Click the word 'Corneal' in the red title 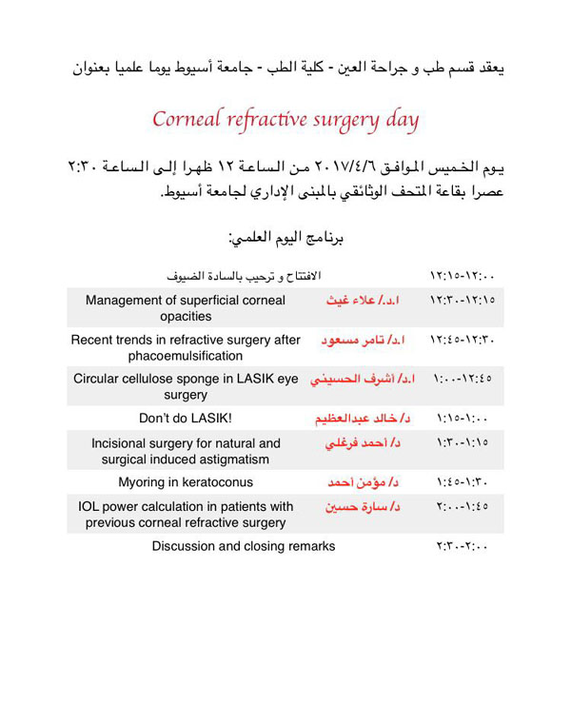[187, 121]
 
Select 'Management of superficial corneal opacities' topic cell [186, 308]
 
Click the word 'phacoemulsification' [186, 356]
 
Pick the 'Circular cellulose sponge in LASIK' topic [186, 386]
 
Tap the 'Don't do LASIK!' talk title [186, 418]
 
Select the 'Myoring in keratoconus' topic [186, 482]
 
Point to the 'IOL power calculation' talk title [186, 514]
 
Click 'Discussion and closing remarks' [244, 546]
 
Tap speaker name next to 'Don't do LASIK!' [363, 419]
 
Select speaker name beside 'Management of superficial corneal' [363, 300]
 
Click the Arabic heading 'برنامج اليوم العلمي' [285, 237]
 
